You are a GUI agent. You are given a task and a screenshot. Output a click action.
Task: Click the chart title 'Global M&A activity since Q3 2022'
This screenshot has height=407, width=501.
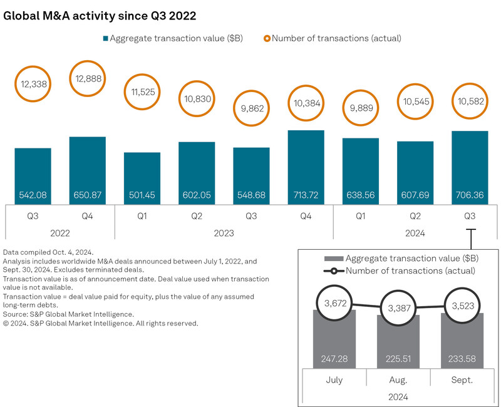[104, 15]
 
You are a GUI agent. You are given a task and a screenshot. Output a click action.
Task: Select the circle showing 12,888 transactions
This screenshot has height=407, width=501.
[87, 80]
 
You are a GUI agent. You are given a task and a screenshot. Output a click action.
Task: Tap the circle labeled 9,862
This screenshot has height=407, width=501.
[251, 107]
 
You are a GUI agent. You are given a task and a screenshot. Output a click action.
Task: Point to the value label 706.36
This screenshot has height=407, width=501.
[469, 195]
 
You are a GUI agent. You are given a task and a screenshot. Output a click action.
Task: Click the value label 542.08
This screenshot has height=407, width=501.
[33, 195]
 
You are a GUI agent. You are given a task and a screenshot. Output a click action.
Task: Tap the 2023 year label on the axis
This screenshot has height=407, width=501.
[224, 233]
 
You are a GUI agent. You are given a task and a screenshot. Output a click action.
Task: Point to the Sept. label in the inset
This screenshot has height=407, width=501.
[462, 379]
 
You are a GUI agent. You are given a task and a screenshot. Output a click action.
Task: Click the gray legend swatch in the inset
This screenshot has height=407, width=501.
[332, 259]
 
